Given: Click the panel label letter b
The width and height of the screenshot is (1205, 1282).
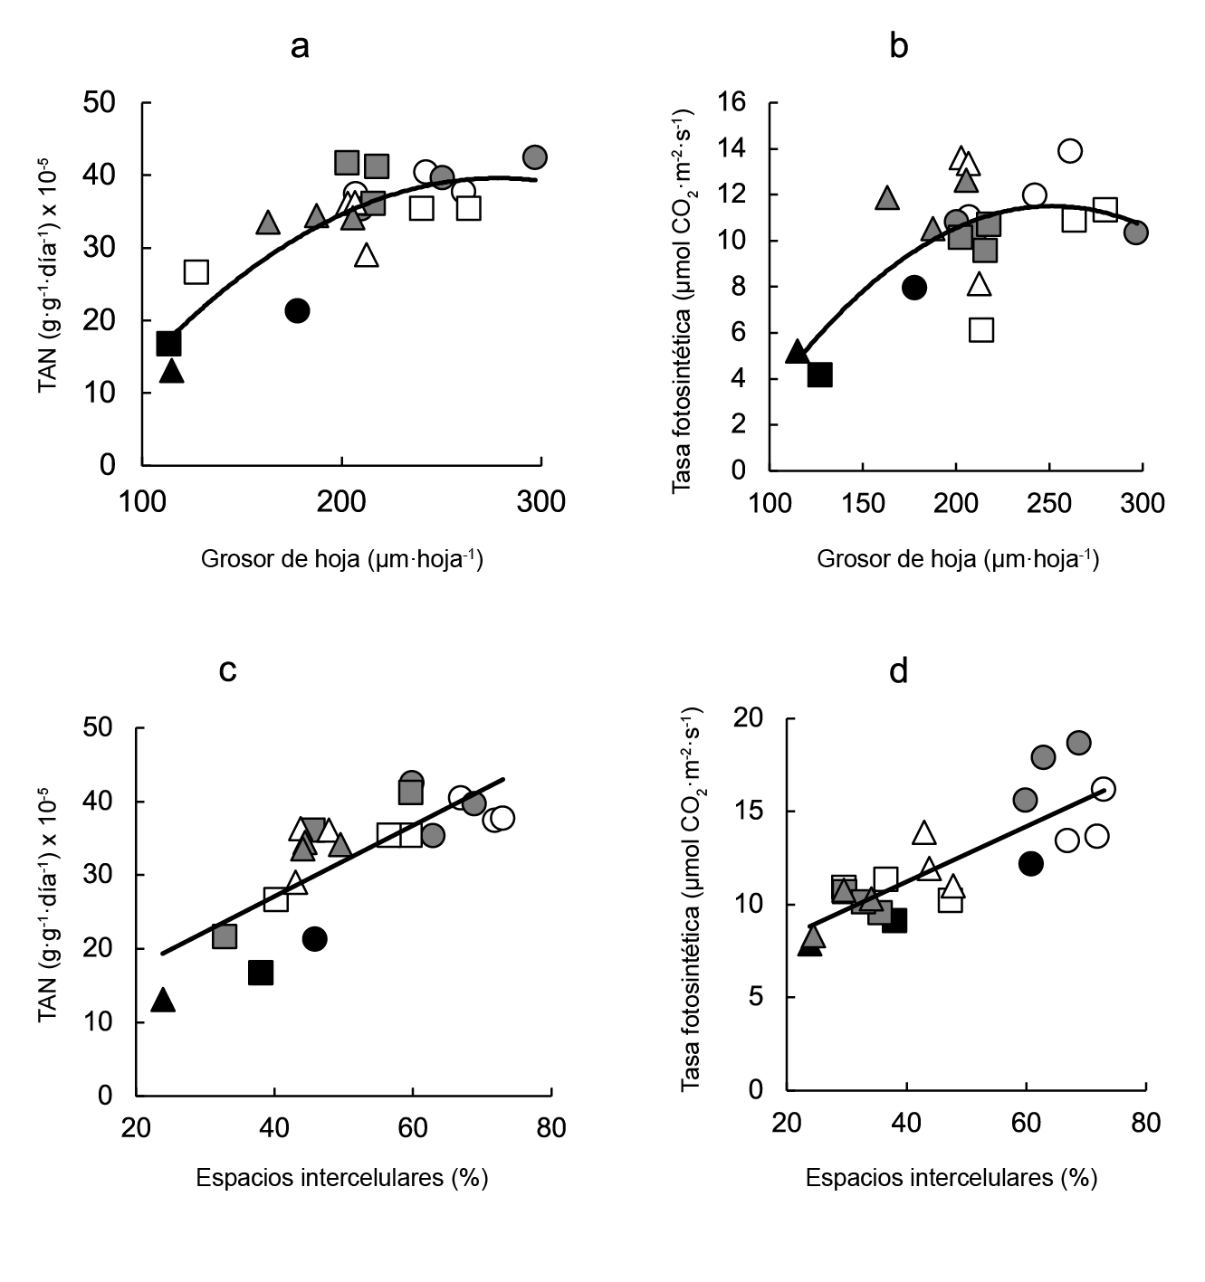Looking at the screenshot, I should (x=898, y=45).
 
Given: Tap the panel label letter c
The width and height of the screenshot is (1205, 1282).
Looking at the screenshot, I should (x=228, y=670).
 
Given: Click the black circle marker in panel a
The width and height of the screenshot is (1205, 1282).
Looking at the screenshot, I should (x=297, y=310).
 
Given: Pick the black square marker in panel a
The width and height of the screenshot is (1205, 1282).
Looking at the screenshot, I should (x=168, y=344).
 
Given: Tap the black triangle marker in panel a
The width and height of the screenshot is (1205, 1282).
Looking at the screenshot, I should (x=172, y=371).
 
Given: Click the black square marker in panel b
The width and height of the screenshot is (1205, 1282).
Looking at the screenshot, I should (x=819, y=375).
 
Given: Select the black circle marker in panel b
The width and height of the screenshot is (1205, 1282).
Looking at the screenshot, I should (x=914, y=288).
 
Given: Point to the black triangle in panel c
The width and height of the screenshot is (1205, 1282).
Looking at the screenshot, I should (x=163, y=1000).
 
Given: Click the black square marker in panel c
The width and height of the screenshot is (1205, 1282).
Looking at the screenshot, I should (x=261, y=973).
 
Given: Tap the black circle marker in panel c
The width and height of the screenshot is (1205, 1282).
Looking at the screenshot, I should (x=314, y=939).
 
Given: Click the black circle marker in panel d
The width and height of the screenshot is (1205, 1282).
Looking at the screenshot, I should (x=1030, y=864).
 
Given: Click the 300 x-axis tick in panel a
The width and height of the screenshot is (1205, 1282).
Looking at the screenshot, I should (x=541, y=501).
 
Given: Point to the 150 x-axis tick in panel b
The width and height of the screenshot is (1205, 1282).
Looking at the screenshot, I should (x=863, y=503).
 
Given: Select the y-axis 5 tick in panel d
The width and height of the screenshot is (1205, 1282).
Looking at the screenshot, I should (x=758, y=997).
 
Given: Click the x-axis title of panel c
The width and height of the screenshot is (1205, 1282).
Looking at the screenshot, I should (x=342, y=1177).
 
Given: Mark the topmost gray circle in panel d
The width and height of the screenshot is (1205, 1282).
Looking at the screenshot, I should (x=1078, y=743).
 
